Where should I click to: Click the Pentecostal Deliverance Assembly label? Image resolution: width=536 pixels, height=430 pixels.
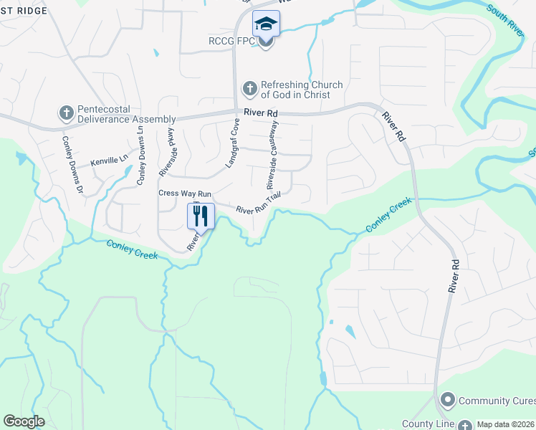126,114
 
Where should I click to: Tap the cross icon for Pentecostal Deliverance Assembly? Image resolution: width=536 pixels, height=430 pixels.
66,113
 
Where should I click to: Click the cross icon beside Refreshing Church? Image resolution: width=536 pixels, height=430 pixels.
249,89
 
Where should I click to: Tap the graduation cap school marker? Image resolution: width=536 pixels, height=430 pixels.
266,24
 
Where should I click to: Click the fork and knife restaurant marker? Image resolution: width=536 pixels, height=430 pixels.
201,215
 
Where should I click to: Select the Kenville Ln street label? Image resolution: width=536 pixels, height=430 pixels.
109,158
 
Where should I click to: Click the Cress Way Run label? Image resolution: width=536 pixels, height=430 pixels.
184,193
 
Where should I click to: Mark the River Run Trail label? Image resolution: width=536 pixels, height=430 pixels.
258,203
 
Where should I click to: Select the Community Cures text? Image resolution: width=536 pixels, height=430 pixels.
497,400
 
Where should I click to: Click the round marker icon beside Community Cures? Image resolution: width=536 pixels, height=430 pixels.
449,399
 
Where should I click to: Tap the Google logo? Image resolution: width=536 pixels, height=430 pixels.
24,421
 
